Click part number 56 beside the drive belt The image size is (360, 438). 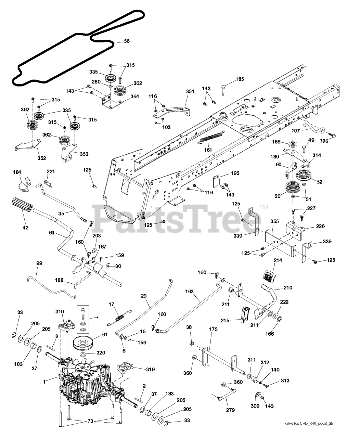(x=127, y=41)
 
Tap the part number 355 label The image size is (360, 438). (x=274, y=221)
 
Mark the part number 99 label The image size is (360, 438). (x=39, y=263)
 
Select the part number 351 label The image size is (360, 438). (x=190, y=91)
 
